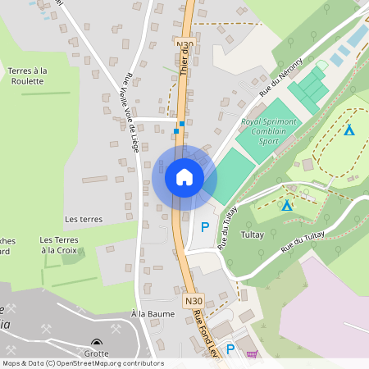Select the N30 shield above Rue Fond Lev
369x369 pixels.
pyautogui.click(x=194, y=301)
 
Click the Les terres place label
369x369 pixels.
pyautogui.click(x=84, y=220)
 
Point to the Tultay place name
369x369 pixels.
pyautogui.click(x=252, y=234)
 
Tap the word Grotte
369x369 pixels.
pyautogui.click(x=97, y=353)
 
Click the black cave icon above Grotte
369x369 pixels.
pyautogui.click(x=97, y=344)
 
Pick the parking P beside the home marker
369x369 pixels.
pyautogui.click(x=205, y=226)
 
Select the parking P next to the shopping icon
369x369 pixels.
pyautogui.click(x=231, y=349)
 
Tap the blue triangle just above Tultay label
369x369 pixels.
pyautogui.click(x=286, y=206)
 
